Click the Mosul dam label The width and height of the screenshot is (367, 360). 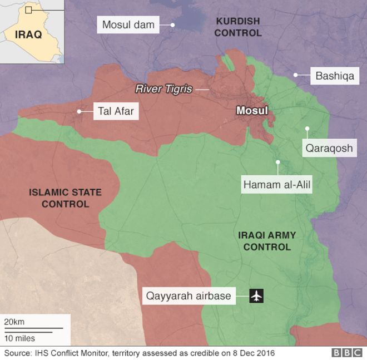(128, 24)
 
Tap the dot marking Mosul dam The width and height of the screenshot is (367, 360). (173, 24)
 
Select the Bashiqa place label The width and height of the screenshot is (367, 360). (335, 75)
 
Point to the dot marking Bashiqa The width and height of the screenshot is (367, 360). (296, 75)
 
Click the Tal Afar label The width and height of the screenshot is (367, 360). (116, 111)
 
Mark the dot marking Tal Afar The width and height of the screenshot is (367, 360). (80, 111)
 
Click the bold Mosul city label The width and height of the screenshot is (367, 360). (252, 111)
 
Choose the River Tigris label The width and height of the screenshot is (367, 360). (164, 89)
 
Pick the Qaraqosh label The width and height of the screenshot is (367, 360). (328, 149)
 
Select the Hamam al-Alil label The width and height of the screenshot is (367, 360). (277, 184)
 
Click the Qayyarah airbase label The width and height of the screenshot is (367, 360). (188, 296)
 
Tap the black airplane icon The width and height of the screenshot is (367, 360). (256, 296)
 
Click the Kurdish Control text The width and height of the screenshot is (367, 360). (237, 27)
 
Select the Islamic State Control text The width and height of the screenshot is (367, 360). (65, 198)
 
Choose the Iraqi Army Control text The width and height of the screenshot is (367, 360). (264, 241)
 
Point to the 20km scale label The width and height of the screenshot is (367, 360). (14, 322)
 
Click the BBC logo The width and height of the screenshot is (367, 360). (346, 353)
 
